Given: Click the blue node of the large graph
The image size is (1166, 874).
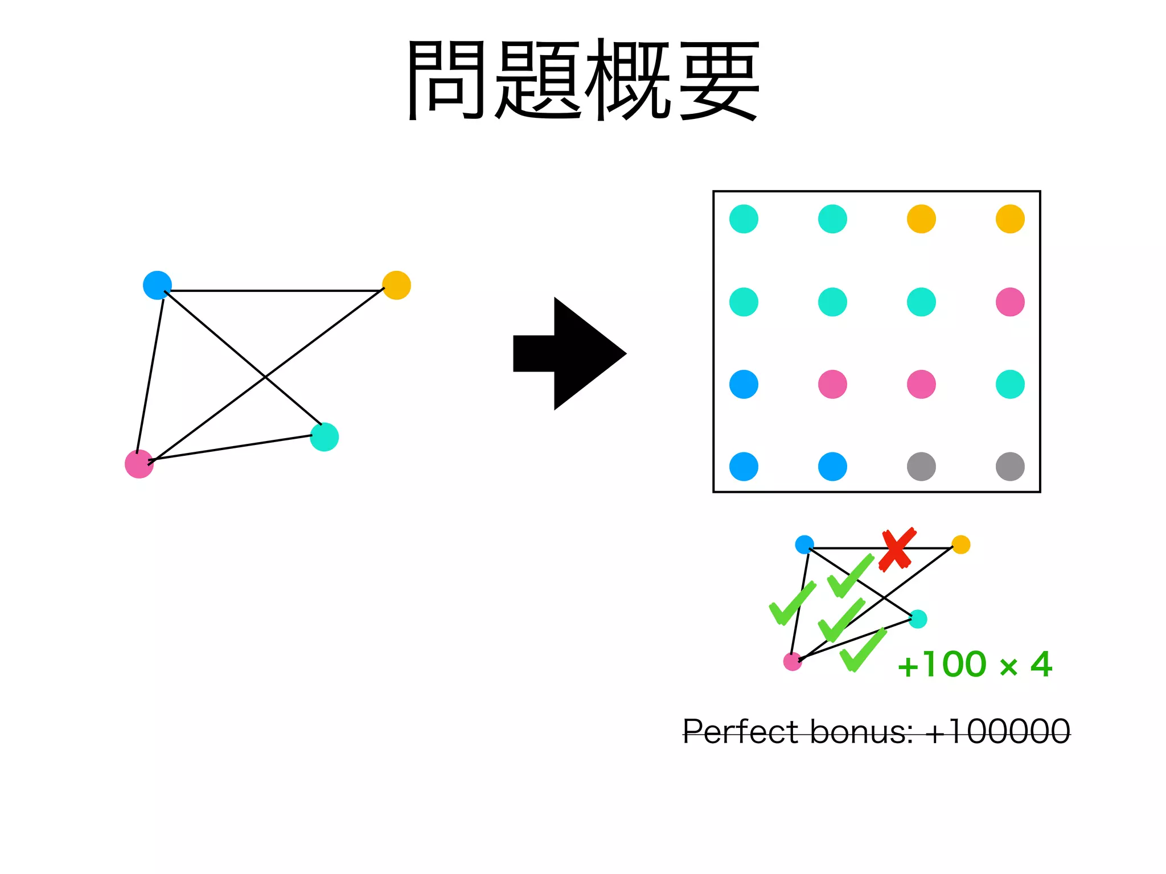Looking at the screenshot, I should [x=157, y=285].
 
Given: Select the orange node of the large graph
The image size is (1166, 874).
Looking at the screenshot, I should [x=396, y=285].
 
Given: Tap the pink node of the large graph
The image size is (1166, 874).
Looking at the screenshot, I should [x=139, y=464].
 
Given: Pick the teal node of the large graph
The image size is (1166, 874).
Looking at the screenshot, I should [x=325, y=437].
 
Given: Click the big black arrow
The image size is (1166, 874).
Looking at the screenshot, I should [x=569, y=353].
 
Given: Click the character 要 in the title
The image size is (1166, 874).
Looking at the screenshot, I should [x=720, y=80].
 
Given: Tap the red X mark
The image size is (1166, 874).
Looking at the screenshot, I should [x=897, y=549].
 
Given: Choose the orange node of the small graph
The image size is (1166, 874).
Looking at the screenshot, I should [x=961, y=545].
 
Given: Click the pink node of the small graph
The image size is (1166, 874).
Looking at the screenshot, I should [x=793, y=661].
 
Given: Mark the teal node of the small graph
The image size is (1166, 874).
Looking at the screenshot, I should [x=918, y=619].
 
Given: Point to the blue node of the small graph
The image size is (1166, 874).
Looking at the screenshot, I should [x=804, y=545].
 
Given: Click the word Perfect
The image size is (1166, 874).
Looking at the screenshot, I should [x=740, y=732].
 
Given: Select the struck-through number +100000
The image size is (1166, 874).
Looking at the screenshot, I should [x=997, y=732].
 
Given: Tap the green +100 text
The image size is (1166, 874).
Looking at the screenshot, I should [x=942, y=665].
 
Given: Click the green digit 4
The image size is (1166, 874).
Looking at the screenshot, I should [x=1041, y=665].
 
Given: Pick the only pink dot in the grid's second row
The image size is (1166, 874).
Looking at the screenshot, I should [x=1010, y=302].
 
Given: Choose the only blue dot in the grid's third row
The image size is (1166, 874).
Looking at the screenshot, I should [x=744, y=384].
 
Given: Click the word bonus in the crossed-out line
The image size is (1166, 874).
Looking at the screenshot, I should [x=861, y=732].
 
